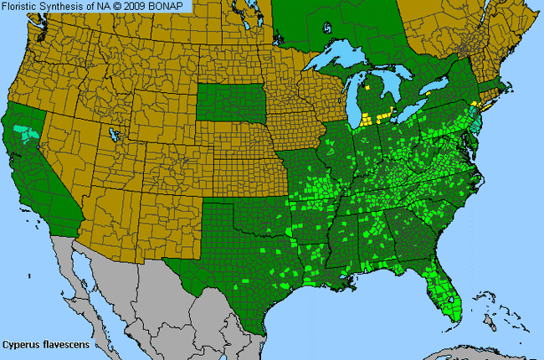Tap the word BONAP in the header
(x=172, y=7)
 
